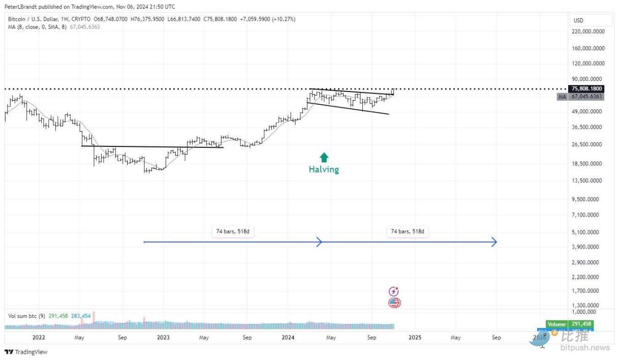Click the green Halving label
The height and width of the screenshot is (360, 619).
point(324,170)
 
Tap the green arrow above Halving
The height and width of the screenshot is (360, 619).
point(324,157)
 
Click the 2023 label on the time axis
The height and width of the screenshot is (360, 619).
point(164,338)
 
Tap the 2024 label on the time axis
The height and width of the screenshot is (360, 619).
point(288,338)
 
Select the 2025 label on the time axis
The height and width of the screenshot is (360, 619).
point(415,338)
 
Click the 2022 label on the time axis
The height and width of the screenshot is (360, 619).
point(39,338)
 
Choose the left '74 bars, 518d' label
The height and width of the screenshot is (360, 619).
point(233,232)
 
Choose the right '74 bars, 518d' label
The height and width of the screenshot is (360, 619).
point(407,232)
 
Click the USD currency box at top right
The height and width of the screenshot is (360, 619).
point(579,20)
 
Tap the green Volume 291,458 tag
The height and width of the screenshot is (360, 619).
point(569,324)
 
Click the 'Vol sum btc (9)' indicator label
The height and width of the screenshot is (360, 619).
point(26,316)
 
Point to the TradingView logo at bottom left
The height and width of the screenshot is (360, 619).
point(26,352)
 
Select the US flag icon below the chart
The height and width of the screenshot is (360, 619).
point(394,303)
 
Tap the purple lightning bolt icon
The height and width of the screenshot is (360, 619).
point(393,291)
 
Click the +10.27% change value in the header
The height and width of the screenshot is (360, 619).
point(285,19)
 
